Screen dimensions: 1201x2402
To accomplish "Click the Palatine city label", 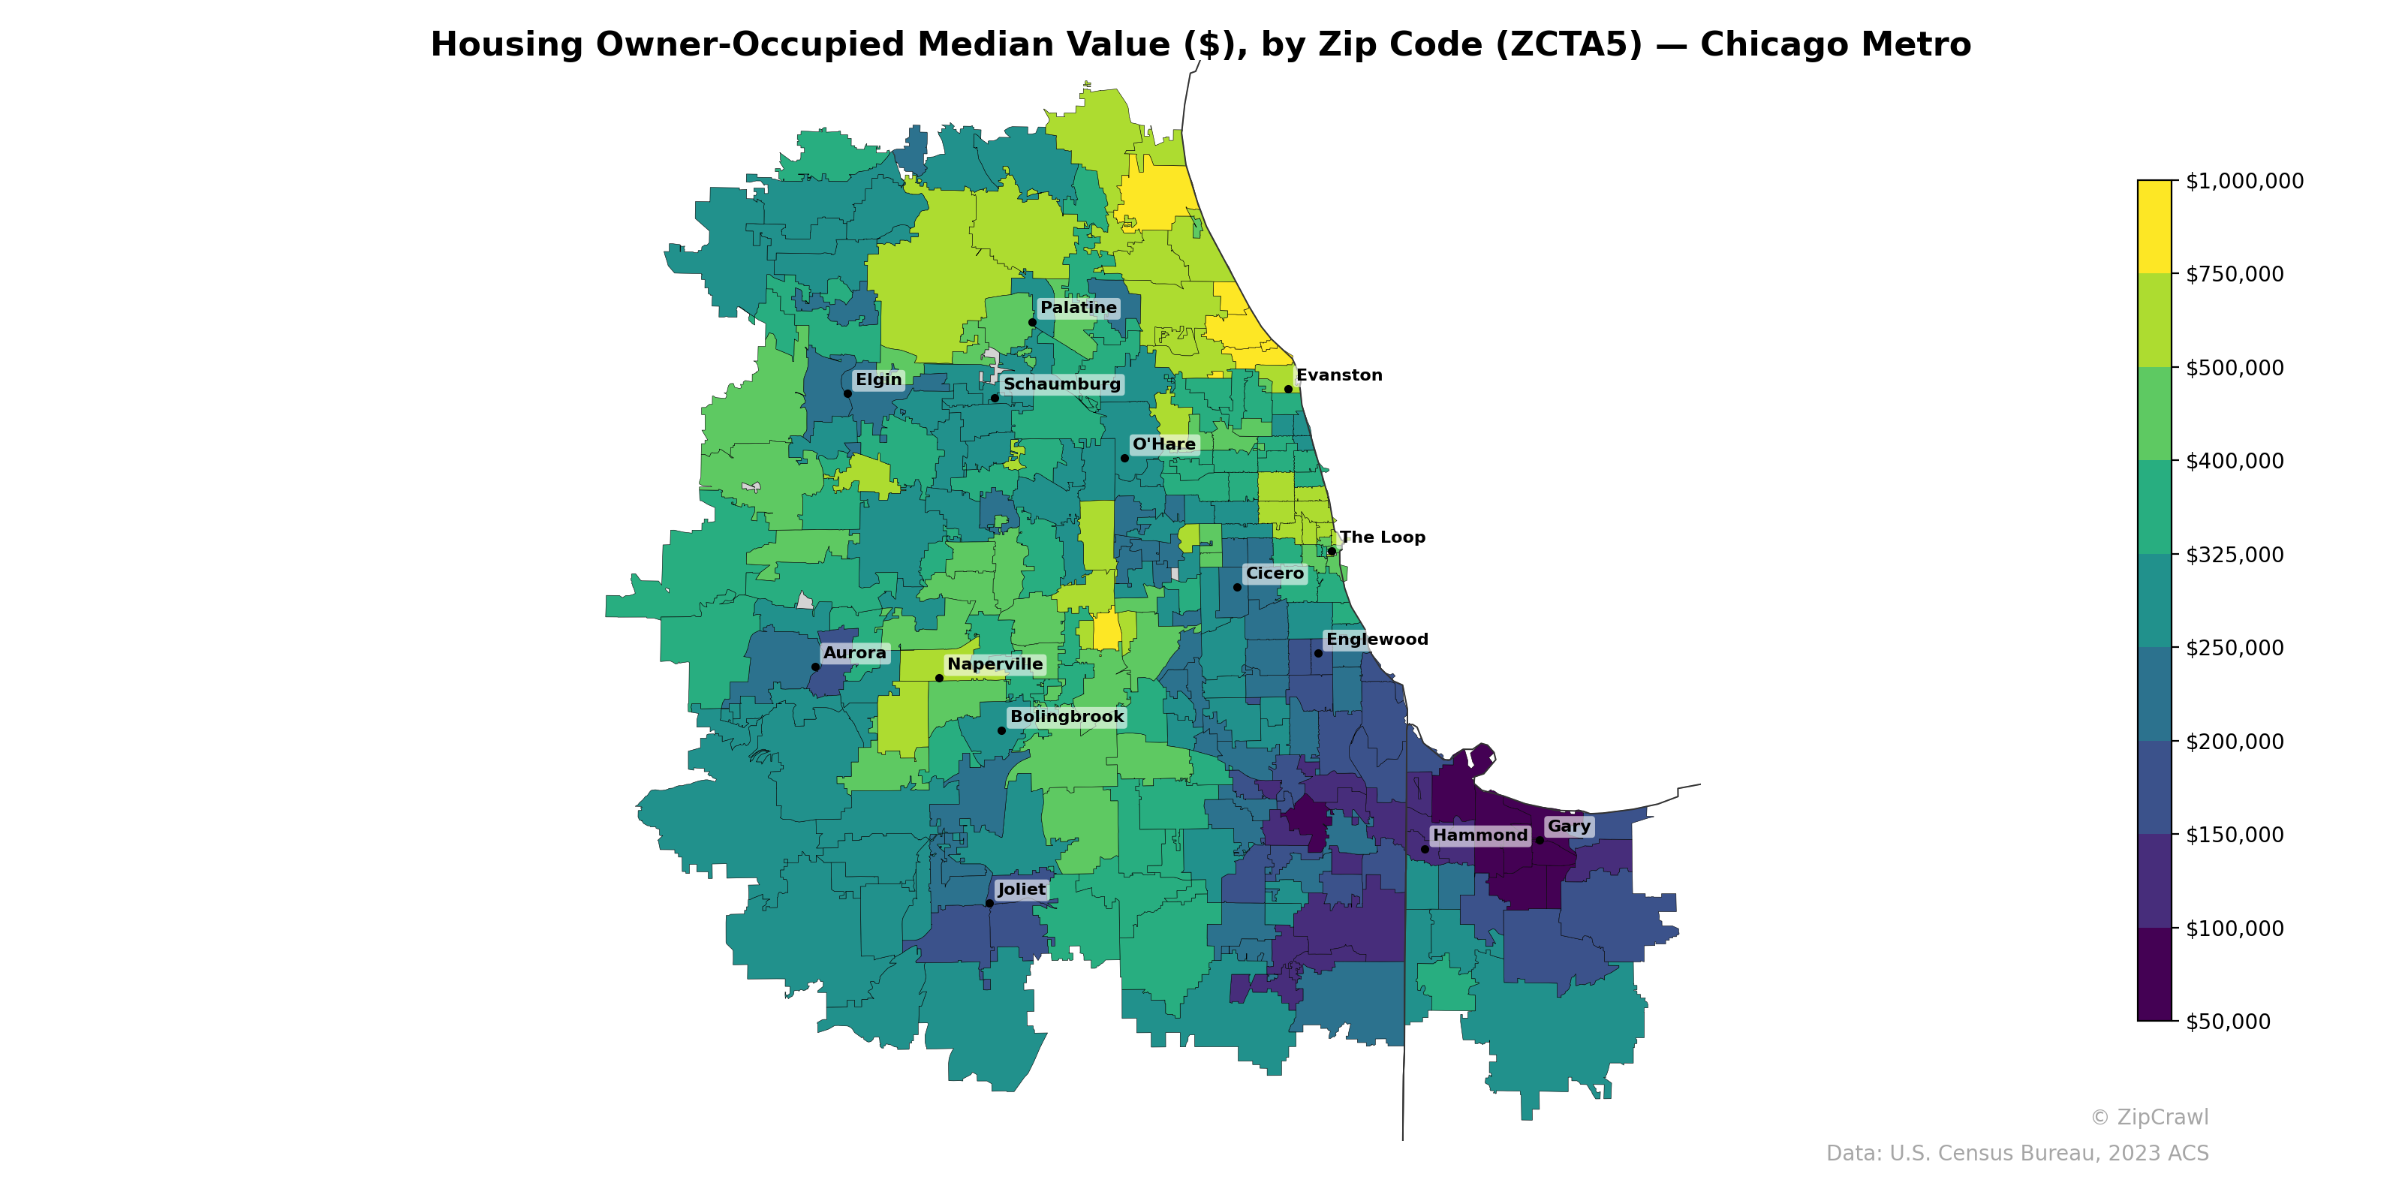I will point(1078,308).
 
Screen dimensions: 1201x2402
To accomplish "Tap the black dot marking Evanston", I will point(1288,389).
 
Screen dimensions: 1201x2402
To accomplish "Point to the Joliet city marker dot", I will point(989,902).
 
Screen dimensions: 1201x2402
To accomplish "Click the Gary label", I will point(1568,826).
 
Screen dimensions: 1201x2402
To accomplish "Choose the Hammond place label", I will point(1479,835).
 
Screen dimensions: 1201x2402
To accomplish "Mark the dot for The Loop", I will point(1332,551).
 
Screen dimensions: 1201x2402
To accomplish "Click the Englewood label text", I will point(1377,640).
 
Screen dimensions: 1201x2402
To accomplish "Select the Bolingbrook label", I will point(1067,717).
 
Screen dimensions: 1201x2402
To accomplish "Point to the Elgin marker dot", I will point(847,393).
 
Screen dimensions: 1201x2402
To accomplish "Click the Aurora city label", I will point(854,653).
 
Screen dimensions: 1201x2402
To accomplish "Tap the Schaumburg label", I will point(1061,384).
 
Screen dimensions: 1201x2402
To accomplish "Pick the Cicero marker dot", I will point(1237,586).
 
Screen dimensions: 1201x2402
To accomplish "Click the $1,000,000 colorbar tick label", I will point(2244,181).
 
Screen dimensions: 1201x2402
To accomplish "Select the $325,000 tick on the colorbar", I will point(2234,555).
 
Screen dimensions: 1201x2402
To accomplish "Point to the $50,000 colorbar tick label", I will point(2228,1022).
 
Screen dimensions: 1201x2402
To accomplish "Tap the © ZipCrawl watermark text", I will point(2149,1117).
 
